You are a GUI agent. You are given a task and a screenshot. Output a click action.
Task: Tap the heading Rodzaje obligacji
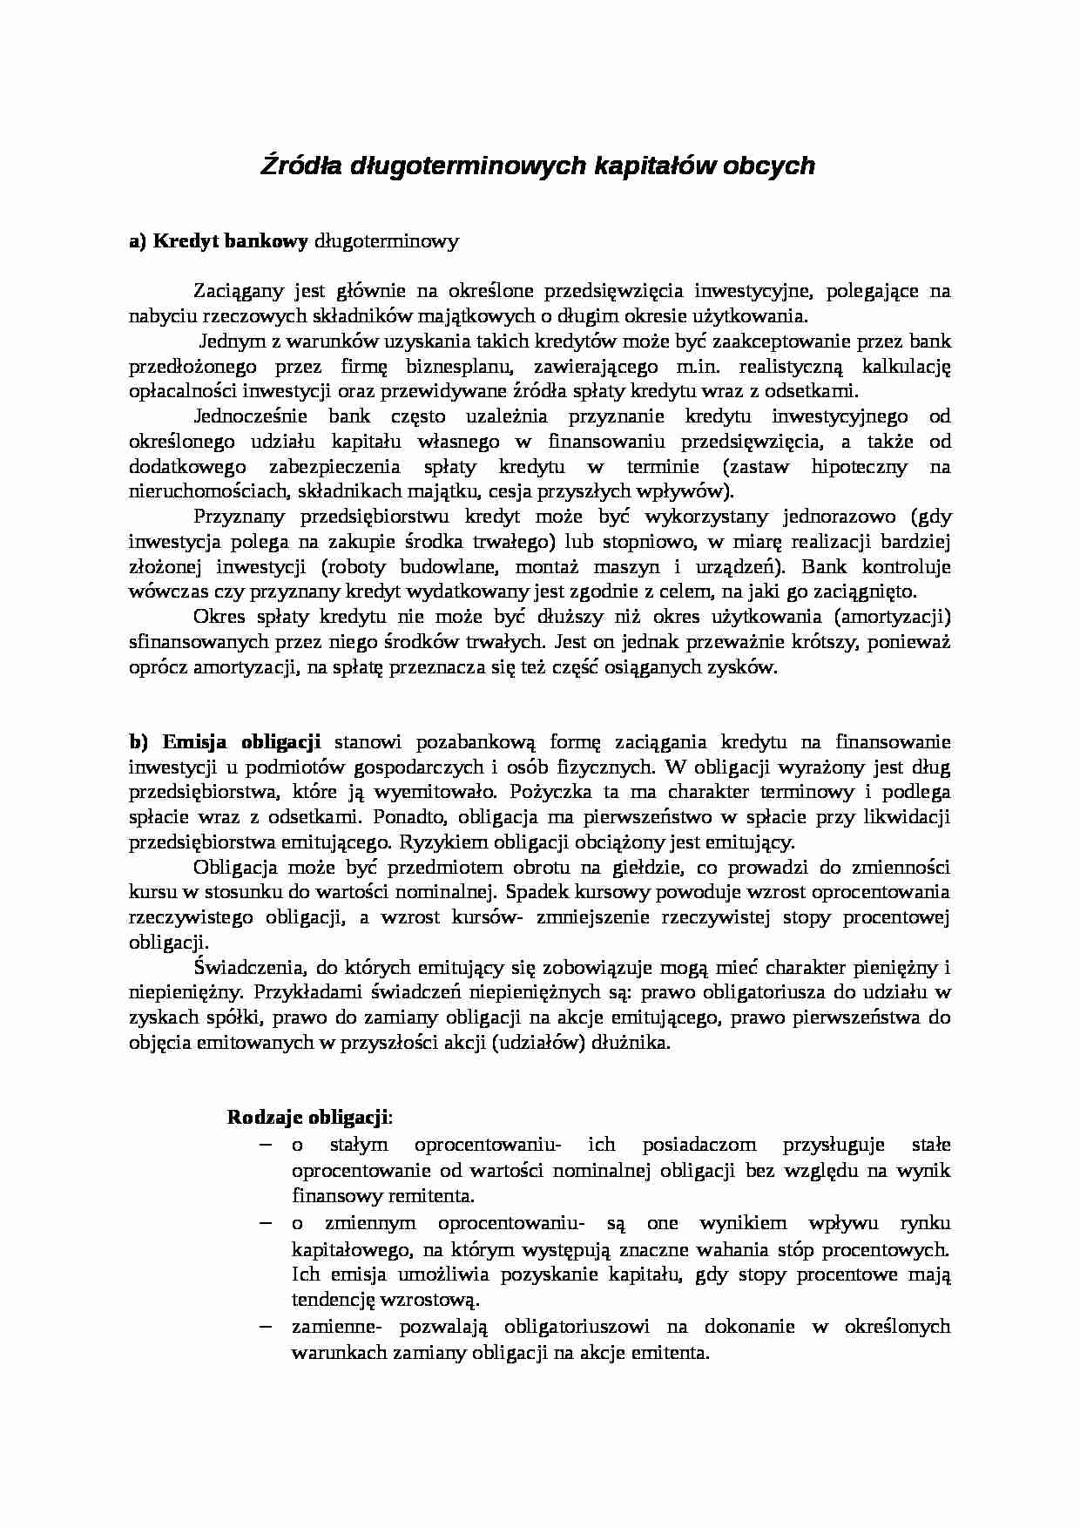coord(309,1117)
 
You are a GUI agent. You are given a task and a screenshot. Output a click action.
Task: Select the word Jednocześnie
coord(248,416)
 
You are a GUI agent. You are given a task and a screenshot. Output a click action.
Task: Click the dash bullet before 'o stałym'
coord(266,1144)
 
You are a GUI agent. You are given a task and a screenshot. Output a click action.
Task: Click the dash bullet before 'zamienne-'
coord(266,1327)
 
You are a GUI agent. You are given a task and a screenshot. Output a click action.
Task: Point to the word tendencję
coord(334,1300)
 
